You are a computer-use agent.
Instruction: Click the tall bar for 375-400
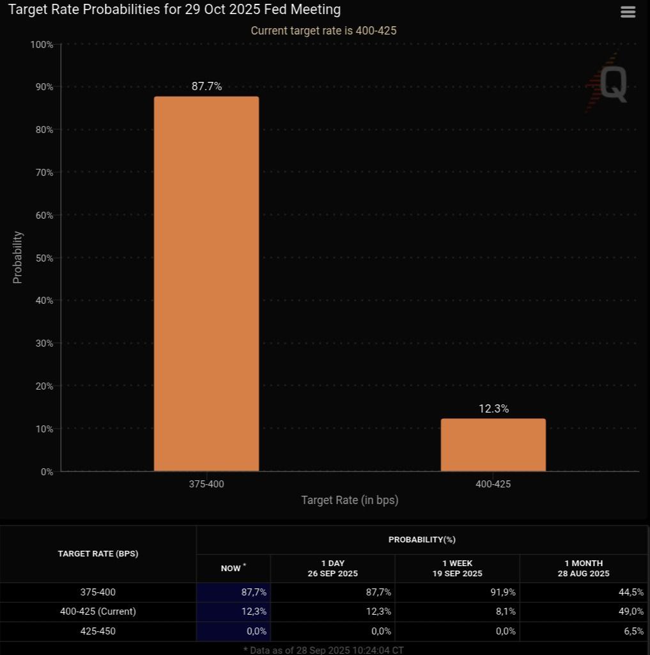206,284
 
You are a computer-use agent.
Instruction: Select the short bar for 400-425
493,445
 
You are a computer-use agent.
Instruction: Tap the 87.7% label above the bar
206,86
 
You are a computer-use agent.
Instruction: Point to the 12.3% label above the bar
493,409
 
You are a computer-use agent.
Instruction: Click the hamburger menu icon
628,12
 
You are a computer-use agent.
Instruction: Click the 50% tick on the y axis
42,258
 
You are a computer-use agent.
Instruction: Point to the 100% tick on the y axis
41,44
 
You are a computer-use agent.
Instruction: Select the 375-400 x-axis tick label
206,484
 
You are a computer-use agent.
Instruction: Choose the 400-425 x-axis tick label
493,484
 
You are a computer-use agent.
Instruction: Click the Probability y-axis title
18,257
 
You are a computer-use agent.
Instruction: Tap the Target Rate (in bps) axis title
350,500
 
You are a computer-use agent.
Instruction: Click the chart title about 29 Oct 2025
174,10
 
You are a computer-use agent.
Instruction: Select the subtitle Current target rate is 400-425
324,31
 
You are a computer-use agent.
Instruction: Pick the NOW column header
232,568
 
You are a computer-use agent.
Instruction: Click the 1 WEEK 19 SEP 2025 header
457,568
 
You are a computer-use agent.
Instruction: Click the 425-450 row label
98,631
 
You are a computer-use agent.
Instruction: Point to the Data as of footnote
324,649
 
